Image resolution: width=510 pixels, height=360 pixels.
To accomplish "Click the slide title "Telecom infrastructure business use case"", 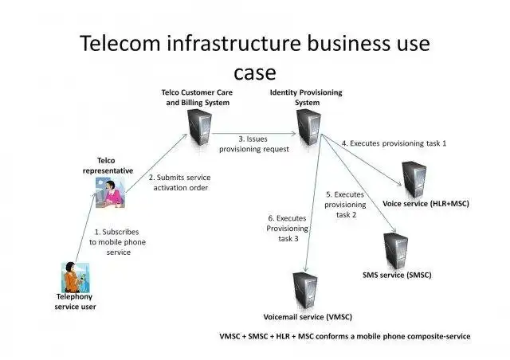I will point(255,56).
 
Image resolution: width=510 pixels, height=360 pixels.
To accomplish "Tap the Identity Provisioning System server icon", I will point(309,125).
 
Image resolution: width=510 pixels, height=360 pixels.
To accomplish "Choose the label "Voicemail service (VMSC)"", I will point(308,316).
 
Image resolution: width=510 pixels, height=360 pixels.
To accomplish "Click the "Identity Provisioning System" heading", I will point(306,97).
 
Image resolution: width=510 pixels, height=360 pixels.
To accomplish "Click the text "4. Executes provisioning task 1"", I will point(394,143).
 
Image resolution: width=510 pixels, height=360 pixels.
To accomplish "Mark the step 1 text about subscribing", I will point(109,241).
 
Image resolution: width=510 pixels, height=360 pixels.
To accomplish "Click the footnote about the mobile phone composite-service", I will point(345,336).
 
